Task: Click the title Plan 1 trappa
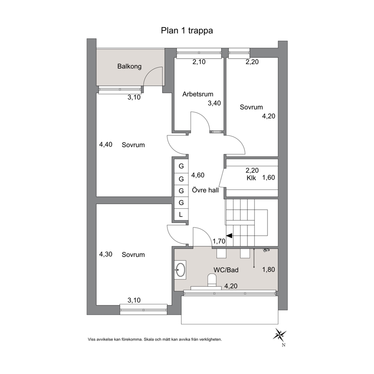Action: tap(187, 31)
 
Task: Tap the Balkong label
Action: tap(129, 66)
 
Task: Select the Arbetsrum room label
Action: tap(198, 94)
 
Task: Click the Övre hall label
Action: tap(205, 190)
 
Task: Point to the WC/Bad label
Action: tap(226, 270)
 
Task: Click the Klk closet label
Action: tap(251, 178)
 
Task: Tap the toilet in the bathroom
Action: tap(212, 280)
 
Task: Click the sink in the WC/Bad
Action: tap(180, 270)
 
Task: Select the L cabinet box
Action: tap(181, 215)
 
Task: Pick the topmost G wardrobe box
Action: tap(181, 166)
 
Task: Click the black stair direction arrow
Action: tap(229, 236)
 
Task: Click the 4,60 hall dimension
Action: tap(198, 175)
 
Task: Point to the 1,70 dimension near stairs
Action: tap(219, 241)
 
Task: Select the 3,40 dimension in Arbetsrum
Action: tap(214, 103)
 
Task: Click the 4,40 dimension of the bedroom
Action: tap(106, 144)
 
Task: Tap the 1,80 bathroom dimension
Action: tap(268, 270)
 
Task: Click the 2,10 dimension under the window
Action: tap(199, 62)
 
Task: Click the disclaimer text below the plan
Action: tap(155, 339)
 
